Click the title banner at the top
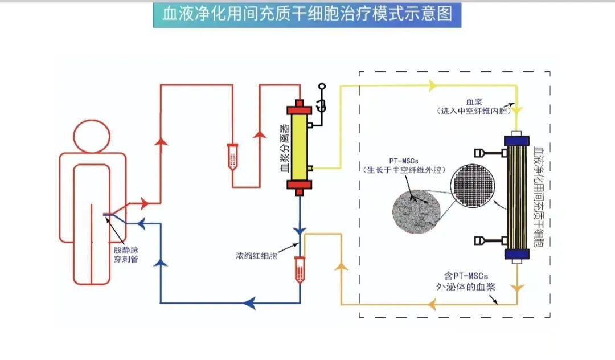point(307,14)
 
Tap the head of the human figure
point(92,136)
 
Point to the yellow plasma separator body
point(300,147)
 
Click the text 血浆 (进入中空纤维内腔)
point(472,107)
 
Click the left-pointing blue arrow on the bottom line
point(249,302)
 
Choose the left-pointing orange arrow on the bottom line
point(432,305)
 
